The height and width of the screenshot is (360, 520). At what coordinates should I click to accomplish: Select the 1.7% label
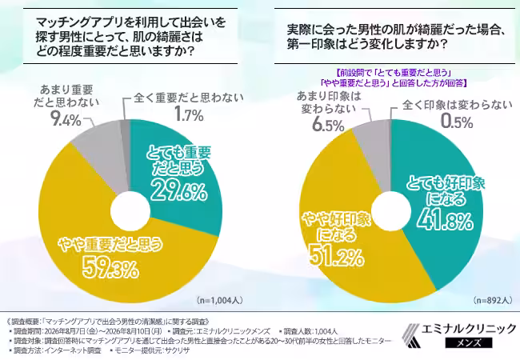[x=189, y=115]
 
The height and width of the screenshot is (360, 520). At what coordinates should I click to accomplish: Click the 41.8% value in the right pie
[x=444, y=220]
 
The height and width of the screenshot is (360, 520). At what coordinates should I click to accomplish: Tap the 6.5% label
[x=328, y=126]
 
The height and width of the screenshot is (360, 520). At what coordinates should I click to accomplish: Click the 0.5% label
[x=457, y=122]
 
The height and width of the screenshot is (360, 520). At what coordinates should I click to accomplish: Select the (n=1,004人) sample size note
[x=219, y=301]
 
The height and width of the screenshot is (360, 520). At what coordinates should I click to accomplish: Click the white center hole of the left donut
[x=130, y=211]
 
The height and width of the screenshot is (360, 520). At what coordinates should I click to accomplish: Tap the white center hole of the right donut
[x=391, y=211]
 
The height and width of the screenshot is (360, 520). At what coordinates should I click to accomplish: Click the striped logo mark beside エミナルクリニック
[x=411, y=335]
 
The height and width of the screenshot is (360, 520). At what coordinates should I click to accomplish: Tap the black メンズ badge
[x=469, y=342]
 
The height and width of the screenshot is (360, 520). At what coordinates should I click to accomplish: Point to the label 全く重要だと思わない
[x=189, y=98]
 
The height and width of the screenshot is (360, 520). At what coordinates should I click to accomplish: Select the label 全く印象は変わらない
[x=458, y=105]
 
